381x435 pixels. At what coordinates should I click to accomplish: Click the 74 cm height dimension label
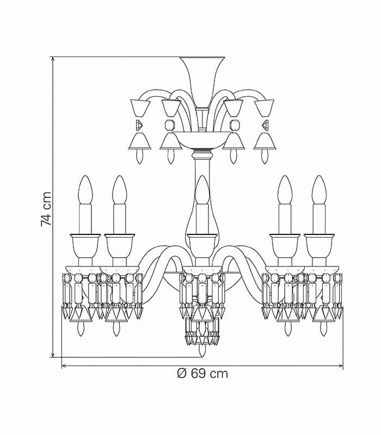click(46, 209)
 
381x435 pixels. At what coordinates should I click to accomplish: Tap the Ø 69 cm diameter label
click(202, 374)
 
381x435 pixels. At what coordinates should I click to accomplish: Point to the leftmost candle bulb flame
click(85, 190)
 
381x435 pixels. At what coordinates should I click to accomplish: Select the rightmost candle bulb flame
click(319, 190)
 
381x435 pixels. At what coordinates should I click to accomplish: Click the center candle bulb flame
click(202, 190)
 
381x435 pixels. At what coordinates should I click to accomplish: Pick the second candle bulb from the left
click(120, 190)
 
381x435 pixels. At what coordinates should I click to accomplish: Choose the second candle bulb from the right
click(285, 190)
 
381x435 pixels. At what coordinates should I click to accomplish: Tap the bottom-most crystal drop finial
click(202, 351)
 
